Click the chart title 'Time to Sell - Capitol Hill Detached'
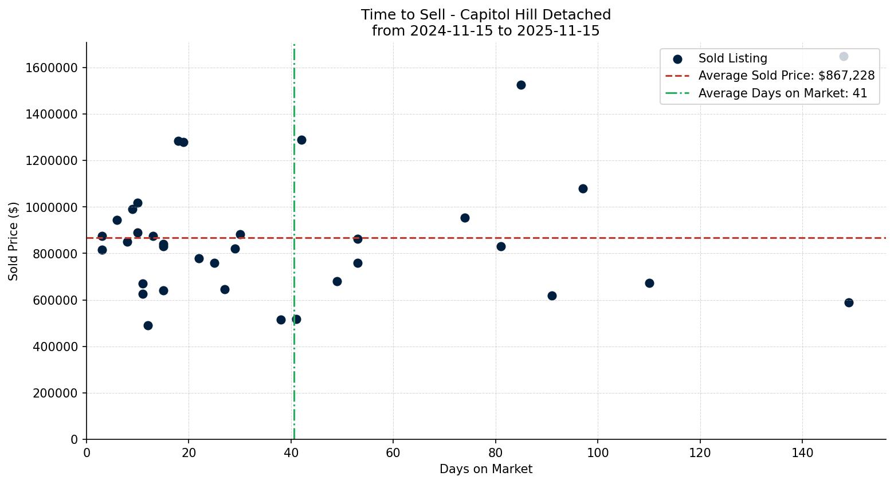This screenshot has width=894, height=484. click(485, 15)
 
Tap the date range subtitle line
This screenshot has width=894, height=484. click(485, 31)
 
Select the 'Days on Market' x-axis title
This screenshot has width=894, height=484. click(485, 469)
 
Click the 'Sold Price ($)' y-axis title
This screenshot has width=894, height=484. click(14, 241)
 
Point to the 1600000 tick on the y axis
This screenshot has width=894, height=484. click(52, 68)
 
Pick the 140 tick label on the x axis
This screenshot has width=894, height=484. click(802, 453)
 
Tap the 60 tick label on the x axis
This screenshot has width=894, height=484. click(393, 453)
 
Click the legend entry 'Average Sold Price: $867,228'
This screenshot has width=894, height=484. click(786, 76)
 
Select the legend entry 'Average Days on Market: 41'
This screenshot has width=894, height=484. click(782, 93)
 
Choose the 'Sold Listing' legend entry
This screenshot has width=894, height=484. click(732, 58)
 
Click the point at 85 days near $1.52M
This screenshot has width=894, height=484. click(521, 85)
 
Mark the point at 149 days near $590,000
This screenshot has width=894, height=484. click(849, 302)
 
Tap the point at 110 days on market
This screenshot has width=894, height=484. click(649, 283)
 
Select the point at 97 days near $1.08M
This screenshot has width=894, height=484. click(583, 188)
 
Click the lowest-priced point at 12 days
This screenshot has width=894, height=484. click(148, 325)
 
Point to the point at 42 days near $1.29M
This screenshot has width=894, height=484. click(301, 140)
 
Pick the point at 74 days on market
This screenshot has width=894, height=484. click(465, 218)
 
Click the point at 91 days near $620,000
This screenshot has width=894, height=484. click(552, 296)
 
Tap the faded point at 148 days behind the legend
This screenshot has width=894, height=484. click(844, 56)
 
